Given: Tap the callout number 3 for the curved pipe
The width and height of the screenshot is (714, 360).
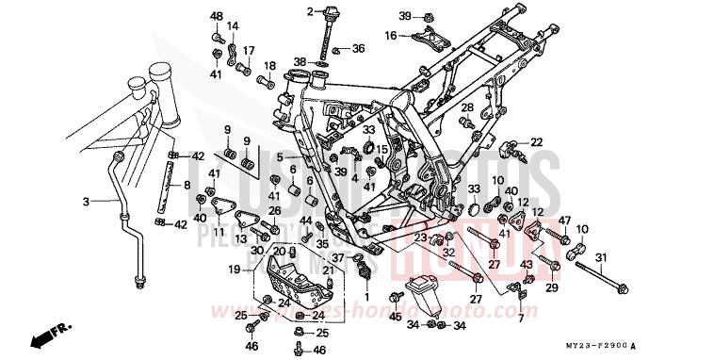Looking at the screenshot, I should [86, 201].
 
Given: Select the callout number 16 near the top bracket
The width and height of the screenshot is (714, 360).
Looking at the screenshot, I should [389, 35].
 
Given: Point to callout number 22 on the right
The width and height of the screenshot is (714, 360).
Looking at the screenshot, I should [536, 141].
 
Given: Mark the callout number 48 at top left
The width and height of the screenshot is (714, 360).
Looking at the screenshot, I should [217, 17].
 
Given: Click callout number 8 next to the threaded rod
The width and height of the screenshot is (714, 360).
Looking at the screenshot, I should [187, 185].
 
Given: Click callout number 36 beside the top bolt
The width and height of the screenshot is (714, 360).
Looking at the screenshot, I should [357, 48].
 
